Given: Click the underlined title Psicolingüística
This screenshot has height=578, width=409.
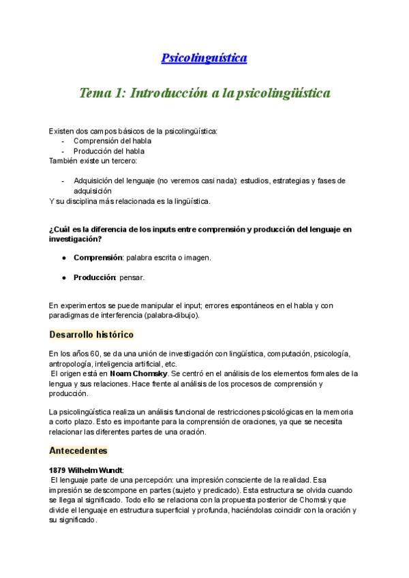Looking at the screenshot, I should pos(204,59).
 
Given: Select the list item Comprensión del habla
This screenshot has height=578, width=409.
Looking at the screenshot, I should pos(112,141).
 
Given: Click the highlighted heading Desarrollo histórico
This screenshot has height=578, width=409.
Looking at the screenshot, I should pos(91,335).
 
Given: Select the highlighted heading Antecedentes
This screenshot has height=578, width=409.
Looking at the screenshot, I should pos(78,451).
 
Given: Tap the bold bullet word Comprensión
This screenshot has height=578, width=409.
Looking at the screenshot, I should pos(97,258).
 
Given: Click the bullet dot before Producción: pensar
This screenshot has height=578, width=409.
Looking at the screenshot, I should pos(64,278).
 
